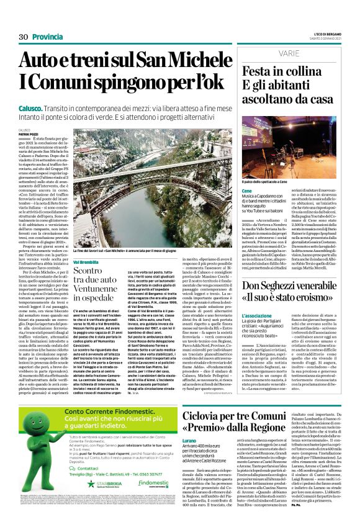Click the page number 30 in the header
click(24, 37)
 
